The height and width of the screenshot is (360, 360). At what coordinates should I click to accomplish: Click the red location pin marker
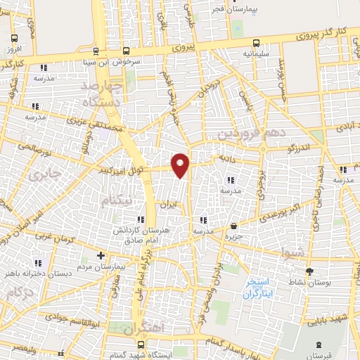tap(181, 165)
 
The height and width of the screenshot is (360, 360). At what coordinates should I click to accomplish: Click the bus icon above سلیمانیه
tap(255, 42)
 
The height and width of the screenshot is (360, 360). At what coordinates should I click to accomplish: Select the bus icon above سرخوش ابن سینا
tap(126, 51)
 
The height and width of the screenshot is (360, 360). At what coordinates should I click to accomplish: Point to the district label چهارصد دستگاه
tap(102, 94)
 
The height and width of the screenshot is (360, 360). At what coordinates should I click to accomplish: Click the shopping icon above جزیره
tap(234, 226)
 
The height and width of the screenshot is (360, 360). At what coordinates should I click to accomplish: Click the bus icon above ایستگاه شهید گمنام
tap(141, 345)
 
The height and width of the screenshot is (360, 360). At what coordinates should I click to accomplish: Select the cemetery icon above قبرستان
tap(321, 345)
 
